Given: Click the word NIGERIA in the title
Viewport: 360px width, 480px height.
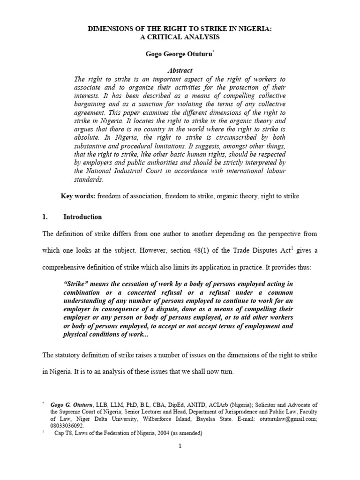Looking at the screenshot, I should coord(254,29).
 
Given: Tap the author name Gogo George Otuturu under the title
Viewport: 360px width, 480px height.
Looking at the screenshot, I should coord(180,55).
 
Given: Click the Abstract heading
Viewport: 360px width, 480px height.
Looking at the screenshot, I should coord(180,71).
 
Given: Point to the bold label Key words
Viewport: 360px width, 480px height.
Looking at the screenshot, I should coord(78,196).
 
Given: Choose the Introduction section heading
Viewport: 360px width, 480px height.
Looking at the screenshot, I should coord(82,217).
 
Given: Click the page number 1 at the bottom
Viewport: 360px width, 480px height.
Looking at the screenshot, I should coord(180,446).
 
